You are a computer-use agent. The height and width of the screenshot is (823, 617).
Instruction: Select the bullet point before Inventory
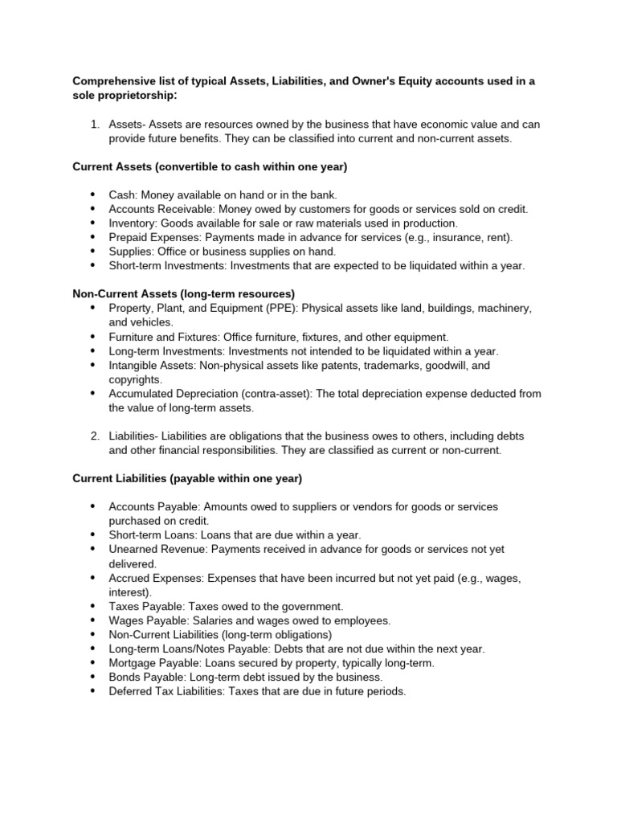pyautogui.click(x=92, y=223)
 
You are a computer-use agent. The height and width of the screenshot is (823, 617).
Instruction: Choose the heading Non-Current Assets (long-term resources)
pyautogui.click(x=184, y=294)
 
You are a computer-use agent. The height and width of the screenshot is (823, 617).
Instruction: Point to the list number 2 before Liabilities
pyautogui.click(x=94, y=436)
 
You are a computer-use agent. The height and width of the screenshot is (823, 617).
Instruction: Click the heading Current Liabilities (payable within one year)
pyautogui.click(x=187, y=478)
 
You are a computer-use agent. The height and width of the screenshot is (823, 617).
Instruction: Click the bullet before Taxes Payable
pyautogui.click(x=92, y=606)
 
